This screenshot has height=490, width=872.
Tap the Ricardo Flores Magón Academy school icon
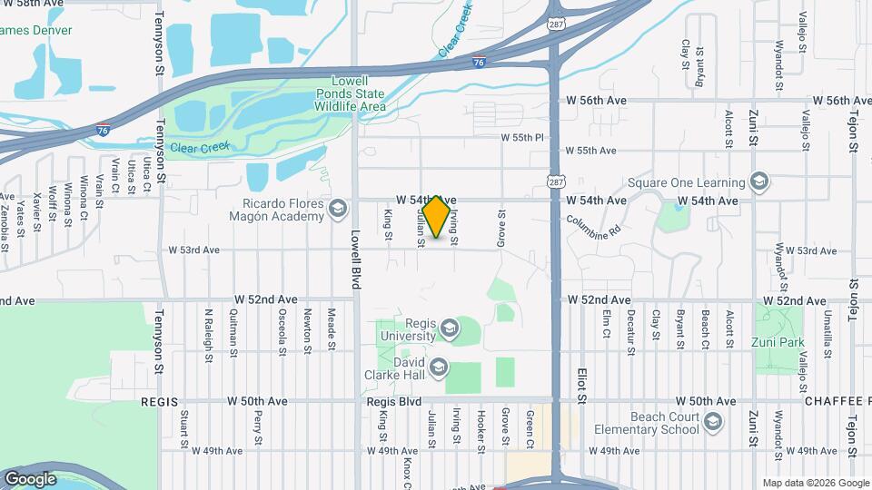pyautogui.click(x=338, y=211)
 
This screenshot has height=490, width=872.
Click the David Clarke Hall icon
pyautogui.click(x=440, y=367)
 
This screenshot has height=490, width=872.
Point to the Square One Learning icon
pyautogui.click(x=761, y=181)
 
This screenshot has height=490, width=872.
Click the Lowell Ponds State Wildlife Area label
pyautogui.click(x=350, y=93)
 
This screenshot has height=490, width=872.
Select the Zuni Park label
pyautogui.click(x=778, y=343)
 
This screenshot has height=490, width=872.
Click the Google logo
pyautogui.click(x=30, y=478)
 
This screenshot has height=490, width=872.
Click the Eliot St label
pyautogui.click(x=582, y=385)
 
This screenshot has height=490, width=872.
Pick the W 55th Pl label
pyautogui.click(x=521, y=137)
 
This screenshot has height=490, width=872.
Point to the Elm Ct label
pyautogui.click(x=605, y=326)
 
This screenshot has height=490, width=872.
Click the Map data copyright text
pyautogui.click(x=814, y=483)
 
